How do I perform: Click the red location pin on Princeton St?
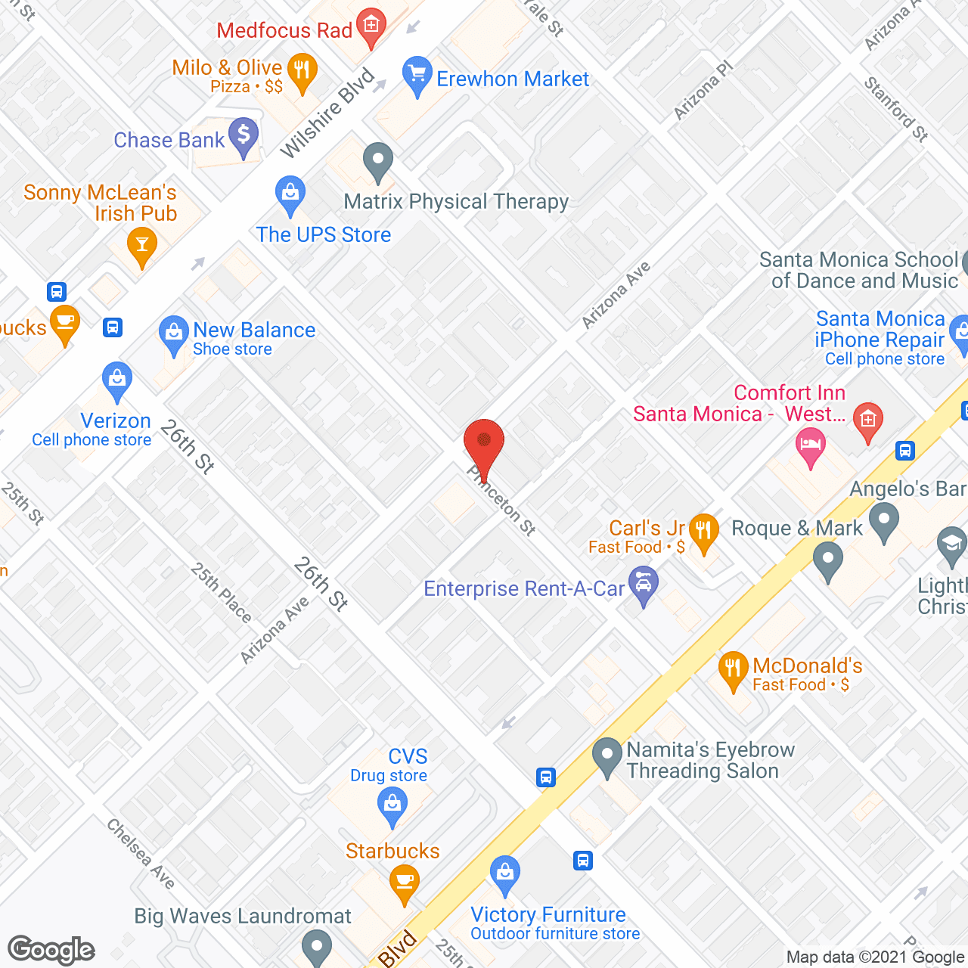(484, 442)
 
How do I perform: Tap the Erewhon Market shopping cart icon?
(417, 75)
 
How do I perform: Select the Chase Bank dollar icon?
(244, 136)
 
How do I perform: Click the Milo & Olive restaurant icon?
(302, 71)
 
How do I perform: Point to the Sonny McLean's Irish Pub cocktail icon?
(141, 245)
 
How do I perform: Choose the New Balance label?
(254, 330)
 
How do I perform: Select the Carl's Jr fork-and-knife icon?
(704, 531)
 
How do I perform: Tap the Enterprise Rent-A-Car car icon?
(644, 584)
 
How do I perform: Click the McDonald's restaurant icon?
(732, 669)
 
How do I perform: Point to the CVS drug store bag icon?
(392, 804)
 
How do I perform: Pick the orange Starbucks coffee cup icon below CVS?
(405, 883)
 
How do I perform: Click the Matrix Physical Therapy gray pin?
(378, 160)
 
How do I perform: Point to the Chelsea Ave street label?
(141, 854)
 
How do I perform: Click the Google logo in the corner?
(51, 950)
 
